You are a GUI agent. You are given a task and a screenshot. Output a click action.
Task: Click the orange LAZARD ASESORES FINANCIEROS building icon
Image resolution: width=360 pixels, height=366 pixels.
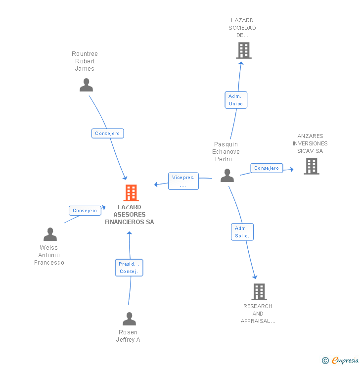pos(131,192)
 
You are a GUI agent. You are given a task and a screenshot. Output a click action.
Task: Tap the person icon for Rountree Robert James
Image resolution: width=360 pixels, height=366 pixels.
pos(86,85)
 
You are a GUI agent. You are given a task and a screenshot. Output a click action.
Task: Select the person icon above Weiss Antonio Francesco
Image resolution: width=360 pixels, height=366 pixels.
pos(50,234)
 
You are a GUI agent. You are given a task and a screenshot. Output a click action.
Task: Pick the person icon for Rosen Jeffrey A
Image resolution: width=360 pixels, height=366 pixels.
pos(129,319)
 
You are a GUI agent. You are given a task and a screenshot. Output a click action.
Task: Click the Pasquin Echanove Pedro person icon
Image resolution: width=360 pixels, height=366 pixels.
pos(227,175)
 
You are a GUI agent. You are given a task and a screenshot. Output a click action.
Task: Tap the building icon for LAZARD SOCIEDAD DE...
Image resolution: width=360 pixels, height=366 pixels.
pos(243,50)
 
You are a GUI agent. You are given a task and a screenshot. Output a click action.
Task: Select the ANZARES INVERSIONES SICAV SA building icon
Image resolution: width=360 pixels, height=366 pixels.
pos(312,166)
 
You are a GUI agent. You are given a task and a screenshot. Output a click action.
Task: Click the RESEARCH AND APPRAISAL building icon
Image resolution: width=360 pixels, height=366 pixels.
pos(259,292)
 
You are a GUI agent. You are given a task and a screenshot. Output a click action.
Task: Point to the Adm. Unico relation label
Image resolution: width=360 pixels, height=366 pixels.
pos(236,100)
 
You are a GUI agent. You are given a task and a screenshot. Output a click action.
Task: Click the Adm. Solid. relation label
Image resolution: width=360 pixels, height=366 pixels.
pos(242,232)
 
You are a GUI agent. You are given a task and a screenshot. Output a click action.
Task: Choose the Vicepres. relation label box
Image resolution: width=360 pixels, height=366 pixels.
pos(183,181)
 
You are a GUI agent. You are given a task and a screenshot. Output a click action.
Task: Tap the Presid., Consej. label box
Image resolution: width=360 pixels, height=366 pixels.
pos(129,268)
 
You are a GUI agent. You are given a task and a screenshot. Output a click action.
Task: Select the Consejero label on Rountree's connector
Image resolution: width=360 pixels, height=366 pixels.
pos(108,134)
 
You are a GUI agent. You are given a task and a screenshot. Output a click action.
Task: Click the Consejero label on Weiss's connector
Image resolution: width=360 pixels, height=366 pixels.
pos(85,211)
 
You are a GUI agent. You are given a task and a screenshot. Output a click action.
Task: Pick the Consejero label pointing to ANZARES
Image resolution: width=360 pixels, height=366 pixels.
pos(267,168)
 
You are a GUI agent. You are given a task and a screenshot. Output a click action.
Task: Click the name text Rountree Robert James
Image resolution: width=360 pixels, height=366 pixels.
pos(85,61)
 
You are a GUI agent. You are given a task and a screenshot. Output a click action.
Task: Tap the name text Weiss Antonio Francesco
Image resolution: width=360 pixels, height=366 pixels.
pos(49,255)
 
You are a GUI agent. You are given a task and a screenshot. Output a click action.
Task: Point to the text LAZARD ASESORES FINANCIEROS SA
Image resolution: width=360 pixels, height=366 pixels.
pos(129,215)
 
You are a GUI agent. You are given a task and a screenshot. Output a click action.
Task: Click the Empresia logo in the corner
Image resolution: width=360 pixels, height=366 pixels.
pos(341,361)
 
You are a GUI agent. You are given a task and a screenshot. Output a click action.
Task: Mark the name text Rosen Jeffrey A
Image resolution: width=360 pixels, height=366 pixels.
pos(128,336)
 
